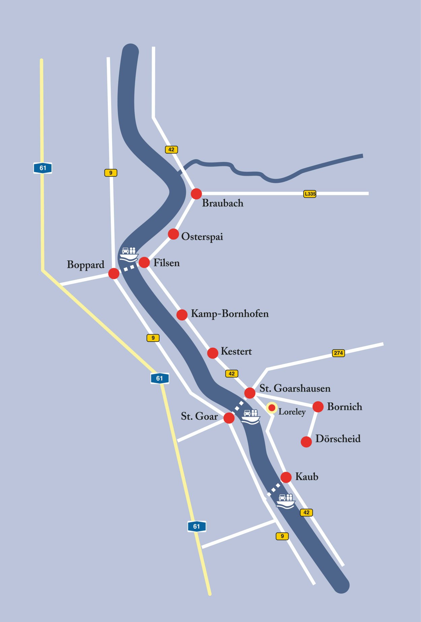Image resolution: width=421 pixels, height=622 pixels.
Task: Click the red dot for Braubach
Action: tap(196, 194)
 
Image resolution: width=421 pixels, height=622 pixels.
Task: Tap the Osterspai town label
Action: tap(202, 237)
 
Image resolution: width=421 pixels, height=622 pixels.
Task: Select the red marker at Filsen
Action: tap(144, 262)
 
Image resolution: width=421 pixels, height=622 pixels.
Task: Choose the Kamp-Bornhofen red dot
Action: tap(182, 315)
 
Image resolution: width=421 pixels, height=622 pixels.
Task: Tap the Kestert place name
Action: tap(236, 351)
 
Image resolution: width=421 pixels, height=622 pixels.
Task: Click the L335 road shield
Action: tap(310, 194)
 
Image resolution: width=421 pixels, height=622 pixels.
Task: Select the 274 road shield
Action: tap(338, 353)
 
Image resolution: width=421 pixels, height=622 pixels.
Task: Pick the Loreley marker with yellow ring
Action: tap(272, 408)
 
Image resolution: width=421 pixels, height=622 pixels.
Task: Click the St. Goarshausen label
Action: tap(295, 389)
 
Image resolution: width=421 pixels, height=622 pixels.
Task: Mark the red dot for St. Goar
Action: tap(229, 418)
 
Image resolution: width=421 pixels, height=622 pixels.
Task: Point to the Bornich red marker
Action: tap(318, 407)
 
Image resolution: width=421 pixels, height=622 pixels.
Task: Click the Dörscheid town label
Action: tap(338, 439)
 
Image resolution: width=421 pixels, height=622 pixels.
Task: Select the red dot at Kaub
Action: tap(286, 477)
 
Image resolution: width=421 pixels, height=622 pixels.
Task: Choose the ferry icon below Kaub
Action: tap(286, 501)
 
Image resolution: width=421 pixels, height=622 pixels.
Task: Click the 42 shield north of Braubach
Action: tap(171, 149)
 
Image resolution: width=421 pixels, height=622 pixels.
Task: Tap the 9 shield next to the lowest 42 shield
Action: tap(282, 536)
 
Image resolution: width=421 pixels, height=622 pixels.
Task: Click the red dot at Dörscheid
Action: tap(306, 442)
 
